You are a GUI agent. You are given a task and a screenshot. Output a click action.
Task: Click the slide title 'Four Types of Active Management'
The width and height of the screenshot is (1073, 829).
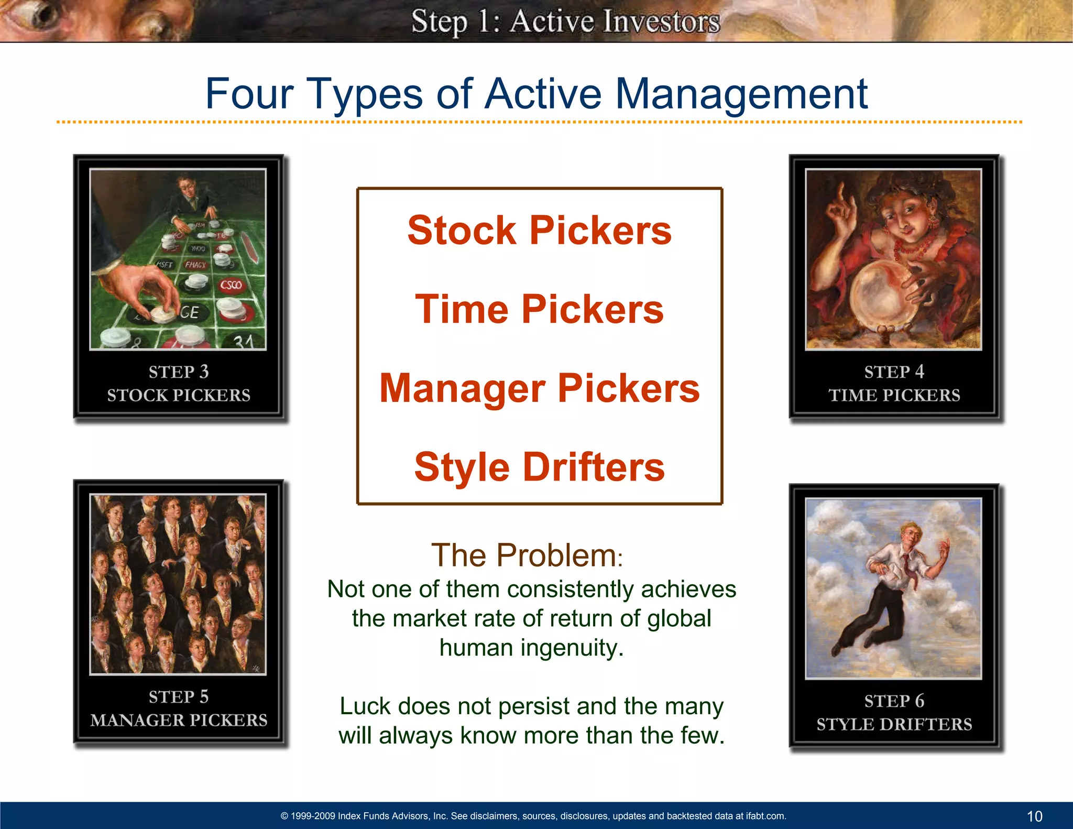coord(536,94)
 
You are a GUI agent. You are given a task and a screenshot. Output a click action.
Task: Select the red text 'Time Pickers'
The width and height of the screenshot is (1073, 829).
coord(539,309)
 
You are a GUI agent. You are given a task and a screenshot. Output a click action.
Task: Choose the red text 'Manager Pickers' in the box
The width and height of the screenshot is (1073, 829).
coord(539,388)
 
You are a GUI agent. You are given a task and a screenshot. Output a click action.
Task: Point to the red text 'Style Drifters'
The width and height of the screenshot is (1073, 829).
coord(539,467)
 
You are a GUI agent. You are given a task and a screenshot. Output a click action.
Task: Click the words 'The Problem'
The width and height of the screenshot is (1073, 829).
coord(524,555)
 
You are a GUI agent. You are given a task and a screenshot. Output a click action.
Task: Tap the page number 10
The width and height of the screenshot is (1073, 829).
coord(1034,816)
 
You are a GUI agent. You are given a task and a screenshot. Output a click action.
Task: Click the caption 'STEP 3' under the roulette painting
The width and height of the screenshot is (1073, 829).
coord(179,372)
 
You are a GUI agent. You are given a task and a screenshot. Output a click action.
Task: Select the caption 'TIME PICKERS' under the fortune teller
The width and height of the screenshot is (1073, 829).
coord(894,395)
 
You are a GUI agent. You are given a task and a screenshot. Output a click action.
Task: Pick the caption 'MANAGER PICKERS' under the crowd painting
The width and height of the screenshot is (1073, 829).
coord(179,720)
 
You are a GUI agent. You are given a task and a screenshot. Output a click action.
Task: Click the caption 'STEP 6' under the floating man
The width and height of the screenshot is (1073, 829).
coord(894,701)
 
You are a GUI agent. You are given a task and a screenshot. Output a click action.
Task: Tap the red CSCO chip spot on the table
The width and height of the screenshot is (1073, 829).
coord(231,285)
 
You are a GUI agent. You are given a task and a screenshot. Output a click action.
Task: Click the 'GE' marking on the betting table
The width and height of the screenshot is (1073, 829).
coord(190,312)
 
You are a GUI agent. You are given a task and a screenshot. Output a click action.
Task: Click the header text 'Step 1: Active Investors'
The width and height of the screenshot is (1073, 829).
coord(565,21)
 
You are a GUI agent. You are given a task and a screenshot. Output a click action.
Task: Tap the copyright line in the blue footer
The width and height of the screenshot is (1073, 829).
coord(533,816)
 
